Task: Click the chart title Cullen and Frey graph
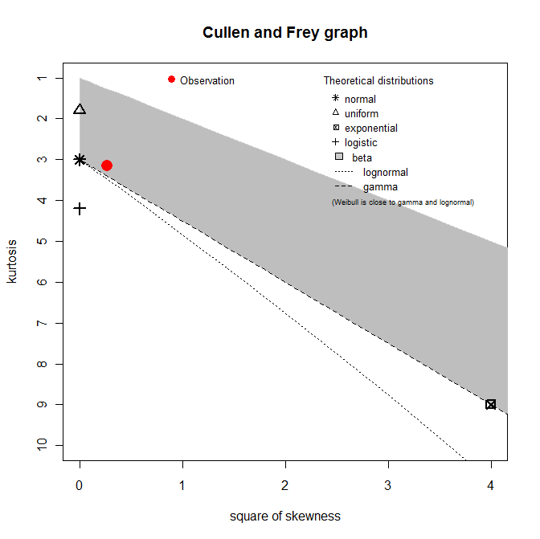(x=285, y=33)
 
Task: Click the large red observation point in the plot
(x=107, y=165)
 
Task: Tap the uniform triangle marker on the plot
(x=80, y=109)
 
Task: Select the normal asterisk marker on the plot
(x=80, y=160)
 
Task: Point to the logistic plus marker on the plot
(x=80, y=209)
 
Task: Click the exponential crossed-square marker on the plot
(x=491, y=404)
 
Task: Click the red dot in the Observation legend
(x=171, y=80)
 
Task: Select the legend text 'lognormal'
(x=385, y=172)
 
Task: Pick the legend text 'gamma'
(x=380, y=187)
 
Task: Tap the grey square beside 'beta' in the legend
(x=339, y=157)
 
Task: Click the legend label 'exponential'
(x=370, y=129)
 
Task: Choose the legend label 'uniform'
(x=361, y=114)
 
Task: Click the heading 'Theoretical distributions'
(x=378, y=81)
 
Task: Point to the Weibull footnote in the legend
(x=403, y=202)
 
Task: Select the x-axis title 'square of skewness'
(x=285, y=516)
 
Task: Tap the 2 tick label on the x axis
(x=285, y=484)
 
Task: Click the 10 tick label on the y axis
(x=39, y=445)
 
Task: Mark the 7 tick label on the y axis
(x=39, y=323)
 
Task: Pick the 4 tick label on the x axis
(x=491, y=484)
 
